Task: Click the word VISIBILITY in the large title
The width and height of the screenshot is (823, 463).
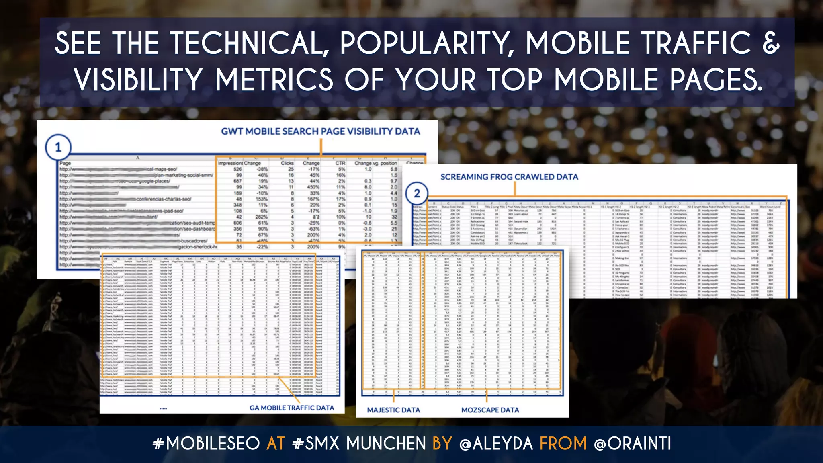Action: coord(138,80)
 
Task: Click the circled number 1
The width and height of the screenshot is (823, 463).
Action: coord(58,148)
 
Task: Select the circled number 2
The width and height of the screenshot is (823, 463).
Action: coord(417,194)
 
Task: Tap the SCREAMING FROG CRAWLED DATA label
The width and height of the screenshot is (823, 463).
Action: coord(509,177)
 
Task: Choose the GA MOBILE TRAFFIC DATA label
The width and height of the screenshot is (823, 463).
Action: coord(292,408)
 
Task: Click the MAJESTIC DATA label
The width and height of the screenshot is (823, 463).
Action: coord(393,410)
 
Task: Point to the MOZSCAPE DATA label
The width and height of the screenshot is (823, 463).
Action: coord(490,410)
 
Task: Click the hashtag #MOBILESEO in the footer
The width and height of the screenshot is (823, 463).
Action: coord(206,444)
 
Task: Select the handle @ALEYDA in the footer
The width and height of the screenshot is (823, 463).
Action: coord(496,444)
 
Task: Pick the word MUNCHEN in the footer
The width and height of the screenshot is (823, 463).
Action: coord(386,444)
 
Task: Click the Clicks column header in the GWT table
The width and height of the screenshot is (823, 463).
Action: coord(287,163)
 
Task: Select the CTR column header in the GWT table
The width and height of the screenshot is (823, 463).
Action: coord(340,163)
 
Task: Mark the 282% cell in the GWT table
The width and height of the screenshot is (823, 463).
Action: coord(262,217)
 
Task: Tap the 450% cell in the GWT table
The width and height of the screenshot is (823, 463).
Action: coord(313,187)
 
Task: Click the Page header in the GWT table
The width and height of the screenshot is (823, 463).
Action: coord(65,163)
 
